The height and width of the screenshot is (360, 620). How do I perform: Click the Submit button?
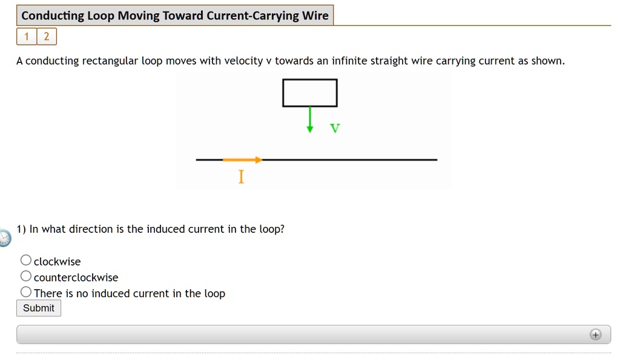tap(39, 308)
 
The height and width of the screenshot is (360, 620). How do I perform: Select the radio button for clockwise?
tap(26, 260)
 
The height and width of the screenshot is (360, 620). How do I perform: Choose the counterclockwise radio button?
tap(26, 277)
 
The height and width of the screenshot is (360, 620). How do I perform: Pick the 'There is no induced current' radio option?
tap(26, 292)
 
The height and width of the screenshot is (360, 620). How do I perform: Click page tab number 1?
tap(27, 37)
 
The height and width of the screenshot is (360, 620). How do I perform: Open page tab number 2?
tap(47, 37)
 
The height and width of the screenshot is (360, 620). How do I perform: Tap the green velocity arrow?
tap(310, 119)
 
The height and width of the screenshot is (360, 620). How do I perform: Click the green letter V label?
tap(335, 128)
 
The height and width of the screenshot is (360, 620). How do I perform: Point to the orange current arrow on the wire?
tap(242, 160)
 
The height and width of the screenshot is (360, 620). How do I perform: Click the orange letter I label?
tap(241, 177)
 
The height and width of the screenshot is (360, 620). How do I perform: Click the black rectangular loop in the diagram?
tap(309, 93)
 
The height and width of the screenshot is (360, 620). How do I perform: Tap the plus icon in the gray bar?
tap(596, 335)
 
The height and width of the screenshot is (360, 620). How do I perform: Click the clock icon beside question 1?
tap(4, 238)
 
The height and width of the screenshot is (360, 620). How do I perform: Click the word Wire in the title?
tap(315, 16)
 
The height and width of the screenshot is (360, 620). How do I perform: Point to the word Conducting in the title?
tap(53, 16)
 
